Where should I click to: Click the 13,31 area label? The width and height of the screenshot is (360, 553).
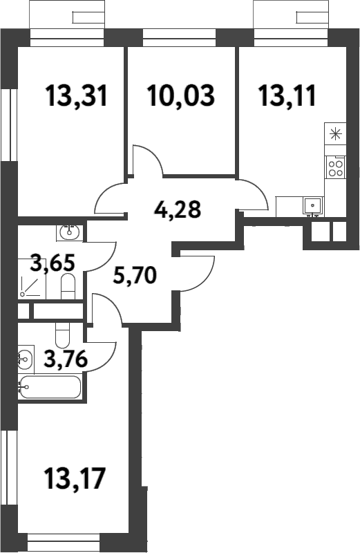click(77, 95)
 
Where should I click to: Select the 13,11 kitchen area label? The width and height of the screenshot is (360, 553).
click(287, 95)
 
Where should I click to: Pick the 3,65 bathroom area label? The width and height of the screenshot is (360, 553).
click(53, 263)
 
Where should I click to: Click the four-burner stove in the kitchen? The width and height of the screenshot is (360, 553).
click(336, 167)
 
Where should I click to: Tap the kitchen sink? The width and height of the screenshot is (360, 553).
click(312, 205)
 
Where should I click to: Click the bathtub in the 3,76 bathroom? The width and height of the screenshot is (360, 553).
click(50, 387)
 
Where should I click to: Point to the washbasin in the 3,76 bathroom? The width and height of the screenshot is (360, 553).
click(25, 358)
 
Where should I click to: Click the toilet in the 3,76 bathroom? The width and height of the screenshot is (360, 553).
click(62, 337)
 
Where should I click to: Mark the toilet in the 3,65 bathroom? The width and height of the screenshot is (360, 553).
click(68, 286)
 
